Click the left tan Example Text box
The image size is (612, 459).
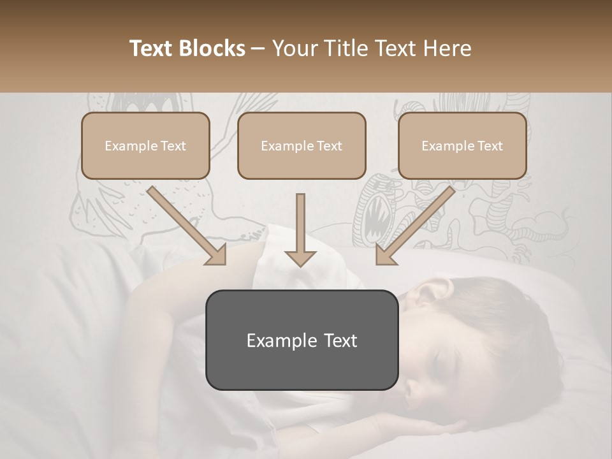point(145,145)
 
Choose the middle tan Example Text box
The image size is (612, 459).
point(302,145)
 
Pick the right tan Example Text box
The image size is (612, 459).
point(462,145)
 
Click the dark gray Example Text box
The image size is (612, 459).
point(302,340)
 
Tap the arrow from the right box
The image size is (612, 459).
point(414,226)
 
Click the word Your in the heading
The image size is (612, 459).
point(295,48)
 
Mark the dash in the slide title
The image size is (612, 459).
point(258,49)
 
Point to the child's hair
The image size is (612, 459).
point(504,325)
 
